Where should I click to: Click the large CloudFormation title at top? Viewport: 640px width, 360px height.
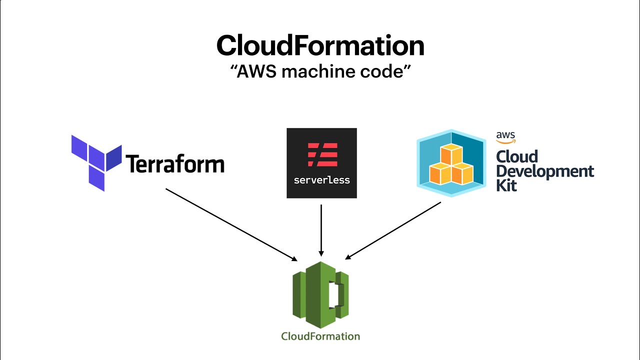[x=320, y=46]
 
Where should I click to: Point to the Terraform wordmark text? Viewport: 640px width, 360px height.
[x=174, y=163]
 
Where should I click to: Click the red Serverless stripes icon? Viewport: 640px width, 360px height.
[x=322, y=154]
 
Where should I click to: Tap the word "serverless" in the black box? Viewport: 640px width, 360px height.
[x=321, y=180]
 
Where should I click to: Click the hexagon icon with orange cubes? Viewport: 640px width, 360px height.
[x=450, y=163]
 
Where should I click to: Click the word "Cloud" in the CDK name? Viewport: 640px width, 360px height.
[x=516, y=156]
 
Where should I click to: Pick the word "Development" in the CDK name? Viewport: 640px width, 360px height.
[x=544, y=171]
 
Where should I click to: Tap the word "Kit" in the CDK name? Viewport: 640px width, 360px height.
[x=506, y=185]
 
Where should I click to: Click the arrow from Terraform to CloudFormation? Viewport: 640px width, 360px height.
[x=230, y=224]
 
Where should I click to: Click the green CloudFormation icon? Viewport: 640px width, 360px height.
[x=320, y=290]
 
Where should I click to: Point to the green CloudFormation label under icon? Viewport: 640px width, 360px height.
[x=320, y=336]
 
